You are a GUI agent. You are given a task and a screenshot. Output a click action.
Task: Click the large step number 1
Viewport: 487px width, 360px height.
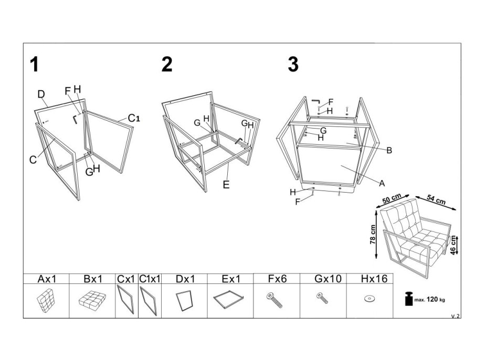click(34, 65)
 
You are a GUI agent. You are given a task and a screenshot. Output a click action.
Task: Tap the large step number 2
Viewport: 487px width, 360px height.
click(167, 65)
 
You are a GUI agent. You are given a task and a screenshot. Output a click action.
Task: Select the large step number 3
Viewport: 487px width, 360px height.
click(293, 65)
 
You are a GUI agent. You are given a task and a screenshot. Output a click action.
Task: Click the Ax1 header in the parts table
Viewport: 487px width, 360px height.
click(46, 279)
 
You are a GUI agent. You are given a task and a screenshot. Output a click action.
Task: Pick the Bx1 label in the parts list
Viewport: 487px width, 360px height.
click(92, 279)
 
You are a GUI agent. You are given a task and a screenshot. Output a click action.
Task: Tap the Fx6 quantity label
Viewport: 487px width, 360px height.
click(276, 279)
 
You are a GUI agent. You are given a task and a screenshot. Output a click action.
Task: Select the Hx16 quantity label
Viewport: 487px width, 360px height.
click(370, 279)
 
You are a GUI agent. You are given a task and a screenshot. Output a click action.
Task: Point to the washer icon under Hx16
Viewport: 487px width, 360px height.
click(370, 299)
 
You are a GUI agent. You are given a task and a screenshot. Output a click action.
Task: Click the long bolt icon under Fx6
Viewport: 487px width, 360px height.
click(276, 300)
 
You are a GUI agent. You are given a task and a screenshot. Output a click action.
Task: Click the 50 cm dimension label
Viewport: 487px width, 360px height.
click(393, 199)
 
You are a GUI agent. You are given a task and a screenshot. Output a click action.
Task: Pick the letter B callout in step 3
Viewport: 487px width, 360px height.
click(389, 151)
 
